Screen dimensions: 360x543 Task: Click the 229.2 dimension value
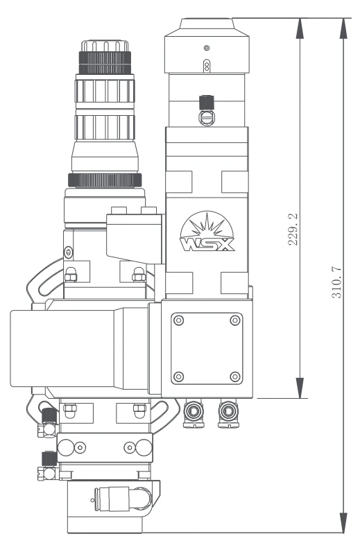293,230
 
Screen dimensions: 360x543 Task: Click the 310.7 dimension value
336,282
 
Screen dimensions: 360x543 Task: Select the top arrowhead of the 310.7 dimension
343,28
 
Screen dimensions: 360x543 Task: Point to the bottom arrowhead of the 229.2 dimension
300,388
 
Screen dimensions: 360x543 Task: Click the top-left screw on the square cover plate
178,320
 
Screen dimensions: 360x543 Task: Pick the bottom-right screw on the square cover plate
235,377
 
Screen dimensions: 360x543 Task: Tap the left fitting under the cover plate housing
194,413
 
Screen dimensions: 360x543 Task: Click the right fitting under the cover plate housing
228,413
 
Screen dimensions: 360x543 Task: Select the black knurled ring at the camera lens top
105,62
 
